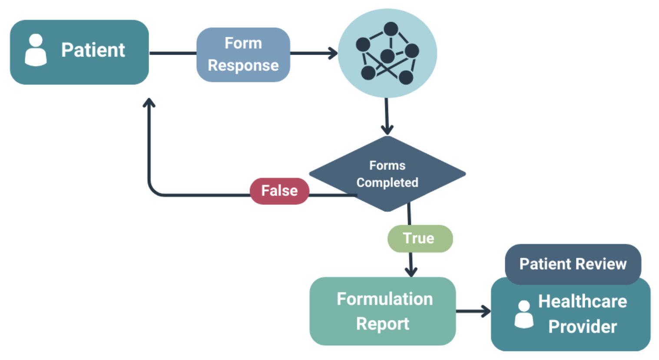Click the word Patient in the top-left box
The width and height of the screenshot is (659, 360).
[x=93, y=50]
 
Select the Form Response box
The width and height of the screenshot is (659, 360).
[x=243, y=54]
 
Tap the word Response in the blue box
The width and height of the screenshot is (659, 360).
[x=243, y=65]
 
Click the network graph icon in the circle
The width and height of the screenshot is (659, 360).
[x=387, y=53]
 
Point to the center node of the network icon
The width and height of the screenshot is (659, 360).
[x=387, y=56]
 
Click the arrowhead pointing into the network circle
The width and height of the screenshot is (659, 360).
[x=334, y=53]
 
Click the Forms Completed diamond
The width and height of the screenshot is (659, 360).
[x=387, y=174]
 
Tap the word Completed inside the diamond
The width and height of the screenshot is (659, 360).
[x=387, y=182]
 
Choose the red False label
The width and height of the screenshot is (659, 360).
[x=279, y=191]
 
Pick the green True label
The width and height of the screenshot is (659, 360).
[x=420, y=238]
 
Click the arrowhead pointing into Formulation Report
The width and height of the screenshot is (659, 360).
[x=411, y=272]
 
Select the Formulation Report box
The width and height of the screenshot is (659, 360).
[x=383, y=311]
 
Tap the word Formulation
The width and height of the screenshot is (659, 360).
[x=384, y=299]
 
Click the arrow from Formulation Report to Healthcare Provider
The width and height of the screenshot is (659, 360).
[x=473, y=311]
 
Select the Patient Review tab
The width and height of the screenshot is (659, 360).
[x=573, y=264]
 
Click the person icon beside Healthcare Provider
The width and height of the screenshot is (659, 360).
[x=524, y=314]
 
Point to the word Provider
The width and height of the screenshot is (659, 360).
[x=582, y=327]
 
